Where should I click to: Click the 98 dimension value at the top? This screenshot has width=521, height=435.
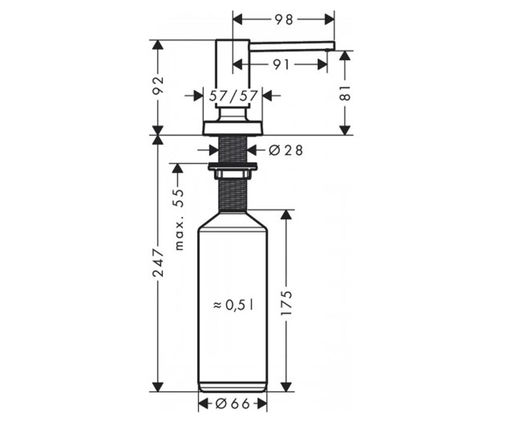pyautogui.click(x=283, y=20)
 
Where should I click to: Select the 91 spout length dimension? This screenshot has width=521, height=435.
pyautogui.click(x=281, y=65)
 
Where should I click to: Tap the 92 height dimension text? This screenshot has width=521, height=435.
pyautogui.click(x=158, y=85)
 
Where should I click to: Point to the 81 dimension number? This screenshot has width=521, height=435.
pyautogui.click(x=345, y=93)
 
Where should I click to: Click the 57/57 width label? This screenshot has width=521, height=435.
pyautogui.click(x=233, y=96)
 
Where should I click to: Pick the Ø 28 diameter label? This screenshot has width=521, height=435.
pyautogui.click(x=286, y=151)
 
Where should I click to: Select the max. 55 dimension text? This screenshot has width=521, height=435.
pyautogui.click(x=179, y=220)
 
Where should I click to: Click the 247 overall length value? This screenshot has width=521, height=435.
pyautogui.click(x=158, y=262)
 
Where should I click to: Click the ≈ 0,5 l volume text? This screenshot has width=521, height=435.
pyautogui.click(x=234, y=305)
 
